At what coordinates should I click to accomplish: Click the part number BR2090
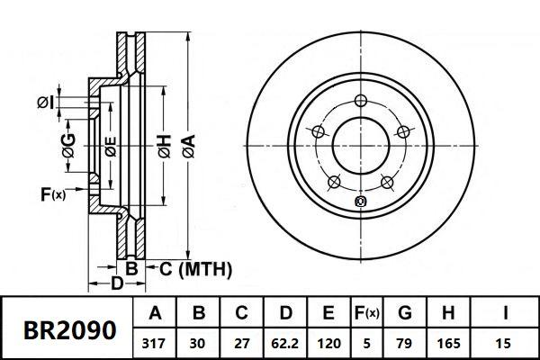coord(69,329)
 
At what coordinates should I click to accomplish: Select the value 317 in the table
coord(154,344)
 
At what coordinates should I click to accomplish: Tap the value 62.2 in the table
coord(284,344)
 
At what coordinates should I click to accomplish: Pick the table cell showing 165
coord(448,344)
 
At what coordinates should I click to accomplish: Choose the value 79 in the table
coord(405,344)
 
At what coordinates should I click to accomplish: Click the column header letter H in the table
coord(448,313)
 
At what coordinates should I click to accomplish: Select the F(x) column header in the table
coord(366,313)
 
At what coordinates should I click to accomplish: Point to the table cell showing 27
coord(241,344)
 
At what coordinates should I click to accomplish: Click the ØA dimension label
coord(189,146)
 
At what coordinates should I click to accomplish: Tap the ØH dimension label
coord(165,146)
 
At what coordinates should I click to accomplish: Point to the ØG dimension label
coord(69,146)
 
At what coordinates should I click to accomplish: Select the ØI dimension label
coord(46,103)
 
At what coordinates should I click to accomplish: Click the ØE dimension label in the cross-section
coord(111,147)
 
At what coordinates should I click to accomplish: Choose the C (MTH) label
coord(195,269)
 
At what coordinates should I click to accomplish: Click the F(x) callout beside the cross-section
coord(53,194)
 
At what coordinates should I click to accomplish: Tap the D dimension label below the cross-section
coord(117,283)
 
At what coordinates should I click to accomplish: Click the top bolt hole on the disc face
coord(361,101)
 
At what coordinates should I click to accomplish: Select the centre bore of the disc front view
coord(361,146)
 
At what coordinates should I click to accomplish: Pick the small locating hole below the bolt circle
coord(361,202)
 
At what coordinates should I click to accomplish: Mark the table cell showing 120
coord(328,344)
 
